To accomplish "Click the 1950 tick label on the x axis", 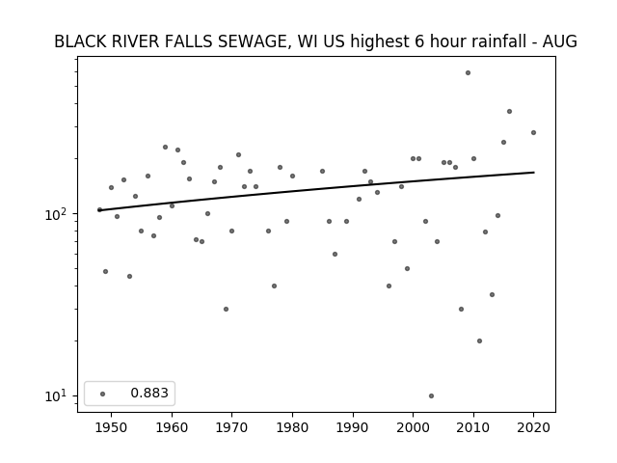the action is click(x=112, y=427).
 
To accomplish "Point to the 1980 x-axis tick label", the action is click(x=292, y=427).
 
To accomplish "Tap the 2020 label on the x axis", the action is click(x=533, y=427).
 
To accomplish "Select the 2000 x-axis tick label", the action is click(x=414, y=427).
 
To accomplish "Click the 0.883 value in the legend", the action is click(x=149, y=393).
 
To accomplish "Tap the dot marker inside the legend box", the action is click(x=103, y=394).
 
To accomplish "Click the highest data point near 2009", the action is click(x=468, y=73).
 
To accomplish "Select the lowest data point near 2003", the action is click(x=431, y=395).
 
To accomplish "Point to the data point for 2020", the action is click(x=533, y=133).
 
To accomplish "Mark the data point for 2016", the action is click(x=509, y=112).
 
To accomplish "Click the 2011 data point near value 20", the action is click(x=479, y=340).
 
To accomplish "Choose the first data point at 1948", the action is click(x=99, y=210).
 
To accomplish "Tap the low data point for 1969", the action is click(x=226, y=309).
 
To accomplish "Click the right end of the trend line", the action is click(x=534, y=172).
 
